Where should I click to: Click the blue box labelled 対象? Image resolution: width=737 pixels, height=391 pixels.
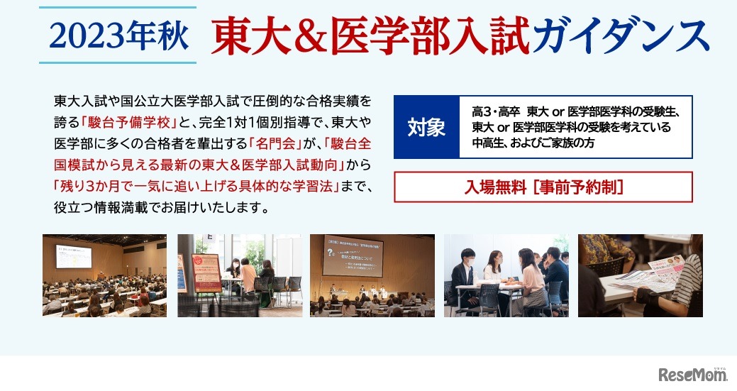426,127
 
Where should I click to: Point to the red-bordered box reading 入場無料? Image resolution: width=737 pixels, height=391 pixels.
543,187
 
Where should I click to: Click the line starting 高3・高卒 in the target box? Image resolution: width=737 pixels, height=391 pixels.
575,112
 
